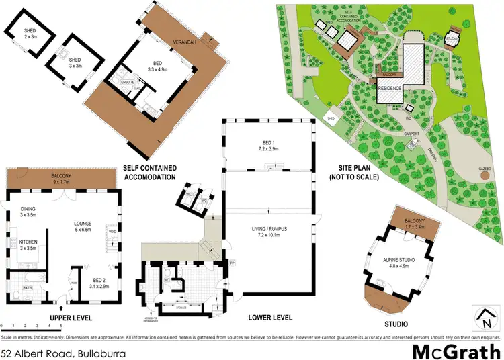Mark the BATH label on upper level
point(28,288)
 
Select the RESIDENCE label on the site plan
point(390,88)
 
